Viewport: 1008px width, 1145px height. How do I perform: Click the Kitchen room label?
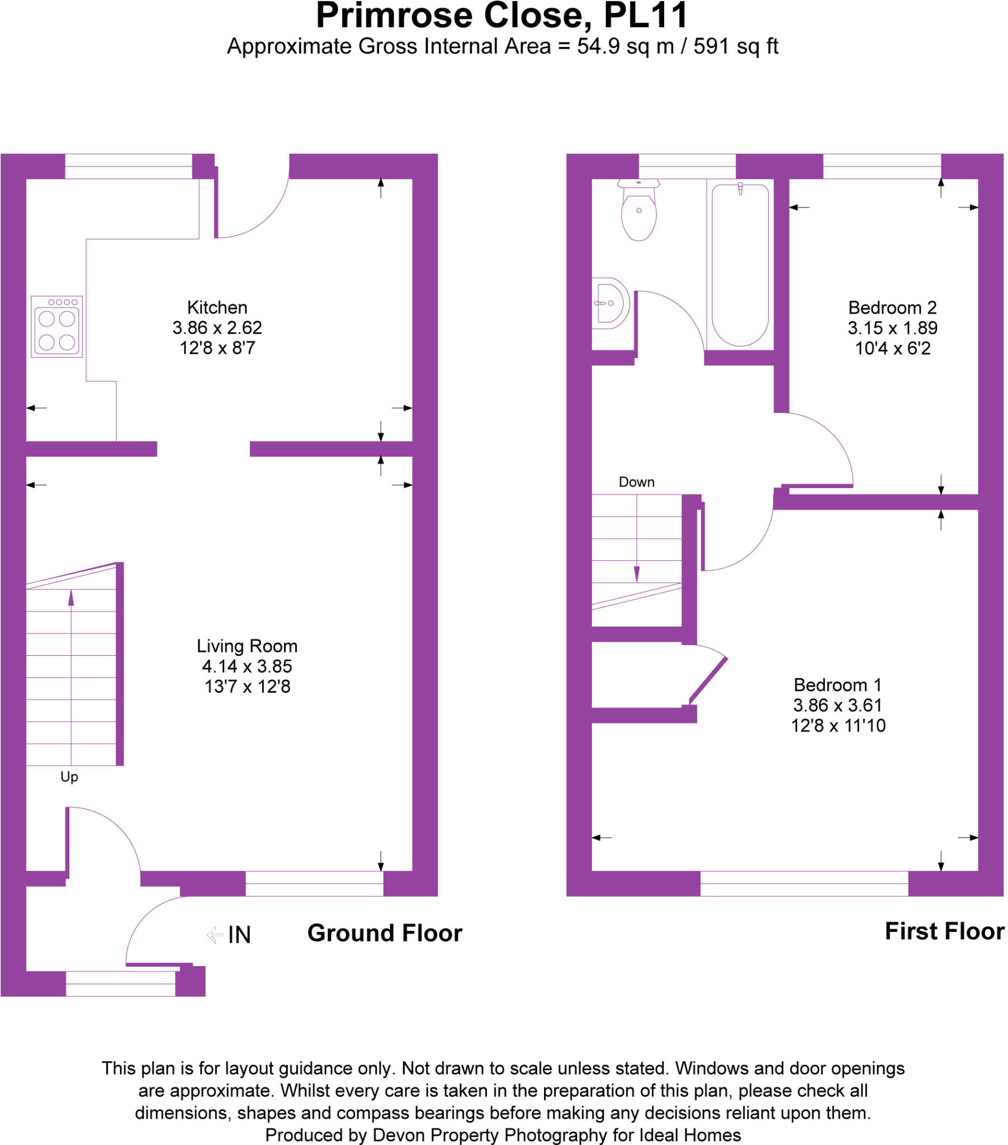point(217,307)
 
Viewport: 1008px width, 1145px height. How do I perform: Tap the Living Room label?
point(247,646)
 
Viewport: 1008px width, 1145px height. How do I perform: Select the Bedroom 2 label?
point(892,307)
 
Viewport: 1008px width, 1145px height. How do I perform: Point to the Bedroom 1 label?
point(837,684)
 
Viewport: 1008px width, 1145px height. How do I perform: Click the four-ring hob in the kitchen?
point(56,327)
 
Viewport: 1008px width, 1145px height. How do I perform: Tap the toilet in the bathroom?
point(639,210)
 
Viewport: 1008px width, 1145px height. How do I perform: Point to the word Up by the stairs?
point(69,777)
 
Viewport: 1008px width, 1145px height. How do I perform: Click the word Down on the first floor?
point(637,482)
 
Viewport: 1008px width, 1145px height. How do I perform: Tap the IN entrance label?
point(239,934)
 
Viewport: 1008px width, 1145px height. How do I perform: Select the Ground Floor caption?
point(385,933)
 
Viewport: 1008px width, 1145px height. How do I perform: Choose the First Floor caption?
point(944,931)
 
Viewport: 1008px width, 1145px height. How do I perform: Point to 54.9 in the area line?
point(598,46)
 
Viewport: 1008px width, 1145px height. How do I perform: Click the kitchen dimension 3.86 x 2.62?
point(217,328)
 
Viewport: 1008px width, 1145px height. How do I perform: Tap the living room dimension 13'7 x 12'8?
point(247,686)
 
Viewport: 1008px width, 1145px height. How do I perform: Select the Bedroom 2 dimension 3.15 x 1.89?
point(892,328)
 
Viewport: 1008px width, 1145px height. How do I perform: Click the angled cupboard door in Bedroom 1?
point(708,679)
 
